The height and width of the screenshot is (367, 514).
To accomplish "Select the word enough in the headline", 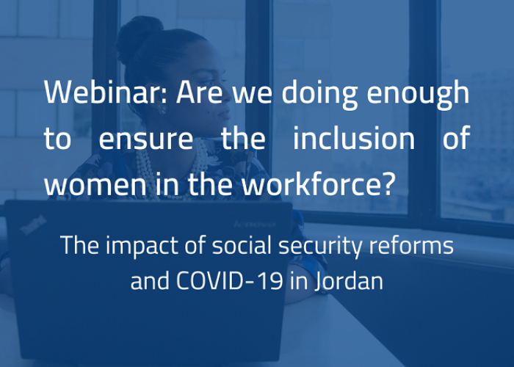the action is point(418,95).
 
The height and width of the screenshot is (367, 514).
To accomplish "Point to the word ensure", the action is point(146,140).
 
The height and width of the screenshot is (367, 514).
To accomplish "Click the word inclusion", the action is point(354,138).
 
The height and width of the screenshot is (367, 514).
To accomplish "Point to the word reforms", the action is point(411,245).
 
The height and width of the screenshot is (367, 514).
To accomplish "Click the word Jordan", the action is point(349,281).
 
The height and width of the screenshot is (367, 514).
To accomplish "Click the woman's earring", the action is point(162,109).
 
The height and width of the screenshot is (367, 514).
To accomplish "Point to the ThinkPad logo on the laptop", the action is point(34,225).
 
